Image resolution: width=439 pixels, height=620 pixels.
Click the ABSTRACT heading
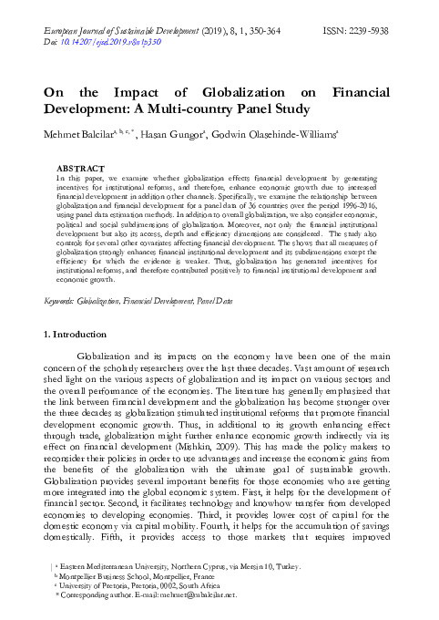[x=81, y=170]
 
